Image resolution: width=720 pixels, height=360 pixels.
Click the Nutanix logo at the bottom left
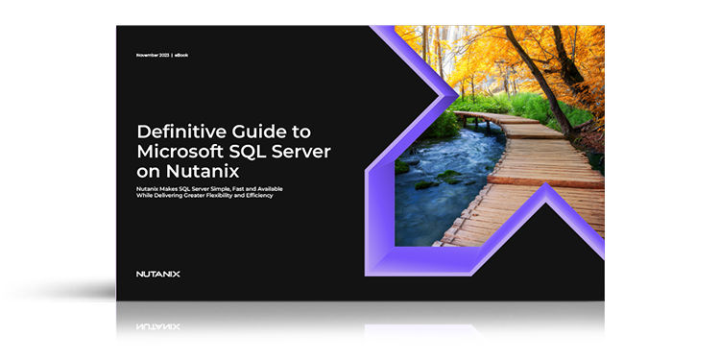[158, 274]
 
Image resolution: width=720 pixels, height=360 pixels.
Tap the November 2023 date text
[153, 56]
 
